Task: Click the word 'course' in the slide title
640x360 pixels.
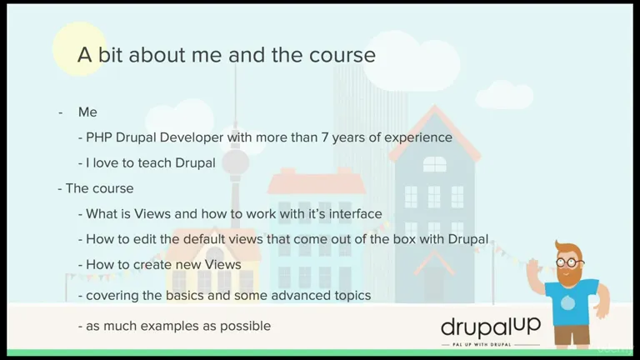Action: tap(342, 55)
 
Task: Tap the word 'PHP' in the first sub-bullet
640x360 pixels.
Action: tap(99, 137)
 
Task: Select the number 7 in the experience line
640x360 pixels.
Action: tap(325, 137)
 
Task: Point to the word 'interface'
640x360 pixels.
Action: tap(356, 213)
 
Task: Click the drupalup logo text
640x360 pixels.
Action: tap(491, 327)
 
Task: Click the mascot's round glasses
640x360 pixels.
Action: tap(570, 262)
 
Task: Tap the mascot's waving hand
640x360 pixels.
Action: tap(534, 268)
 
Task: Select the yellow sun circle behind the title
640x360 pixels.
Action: tap(80, 49)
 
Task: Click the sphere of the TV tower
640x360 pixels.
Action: tap(235, 162)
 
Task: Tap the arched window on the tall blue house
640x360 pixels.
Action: tap(434, 164)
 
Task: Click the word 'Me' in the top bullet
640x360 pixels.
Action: tap(87, 112)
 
